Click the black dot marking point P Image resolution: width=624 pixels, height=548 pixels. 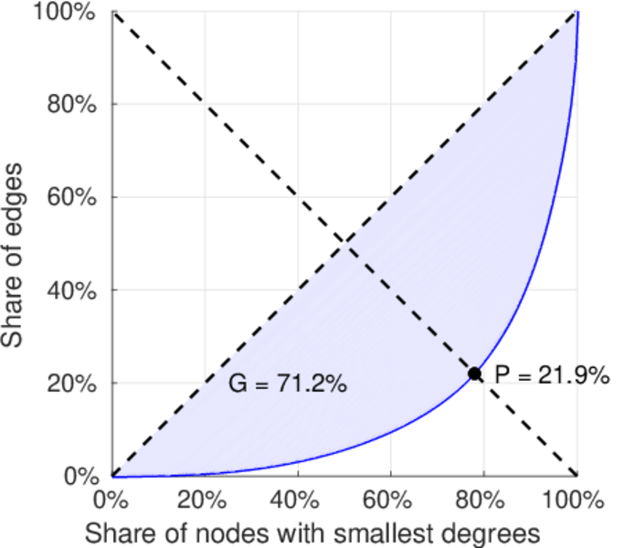click(475, 374)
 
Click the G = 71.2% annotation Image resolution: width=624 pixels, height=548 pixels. click(287, 385)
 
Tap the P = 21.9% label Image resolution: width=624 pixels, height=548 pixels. click(552, 374)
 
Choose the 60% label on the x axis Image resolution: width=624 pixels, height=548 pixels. click(390, 500)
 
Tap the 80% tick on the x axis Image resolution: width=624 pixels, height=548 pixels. click(483, 500)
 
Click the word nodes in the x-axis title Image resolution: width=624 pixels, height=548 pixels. click(238, 531)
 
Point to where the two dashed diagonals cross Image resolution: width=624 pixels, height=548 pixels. click(344, 242)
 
